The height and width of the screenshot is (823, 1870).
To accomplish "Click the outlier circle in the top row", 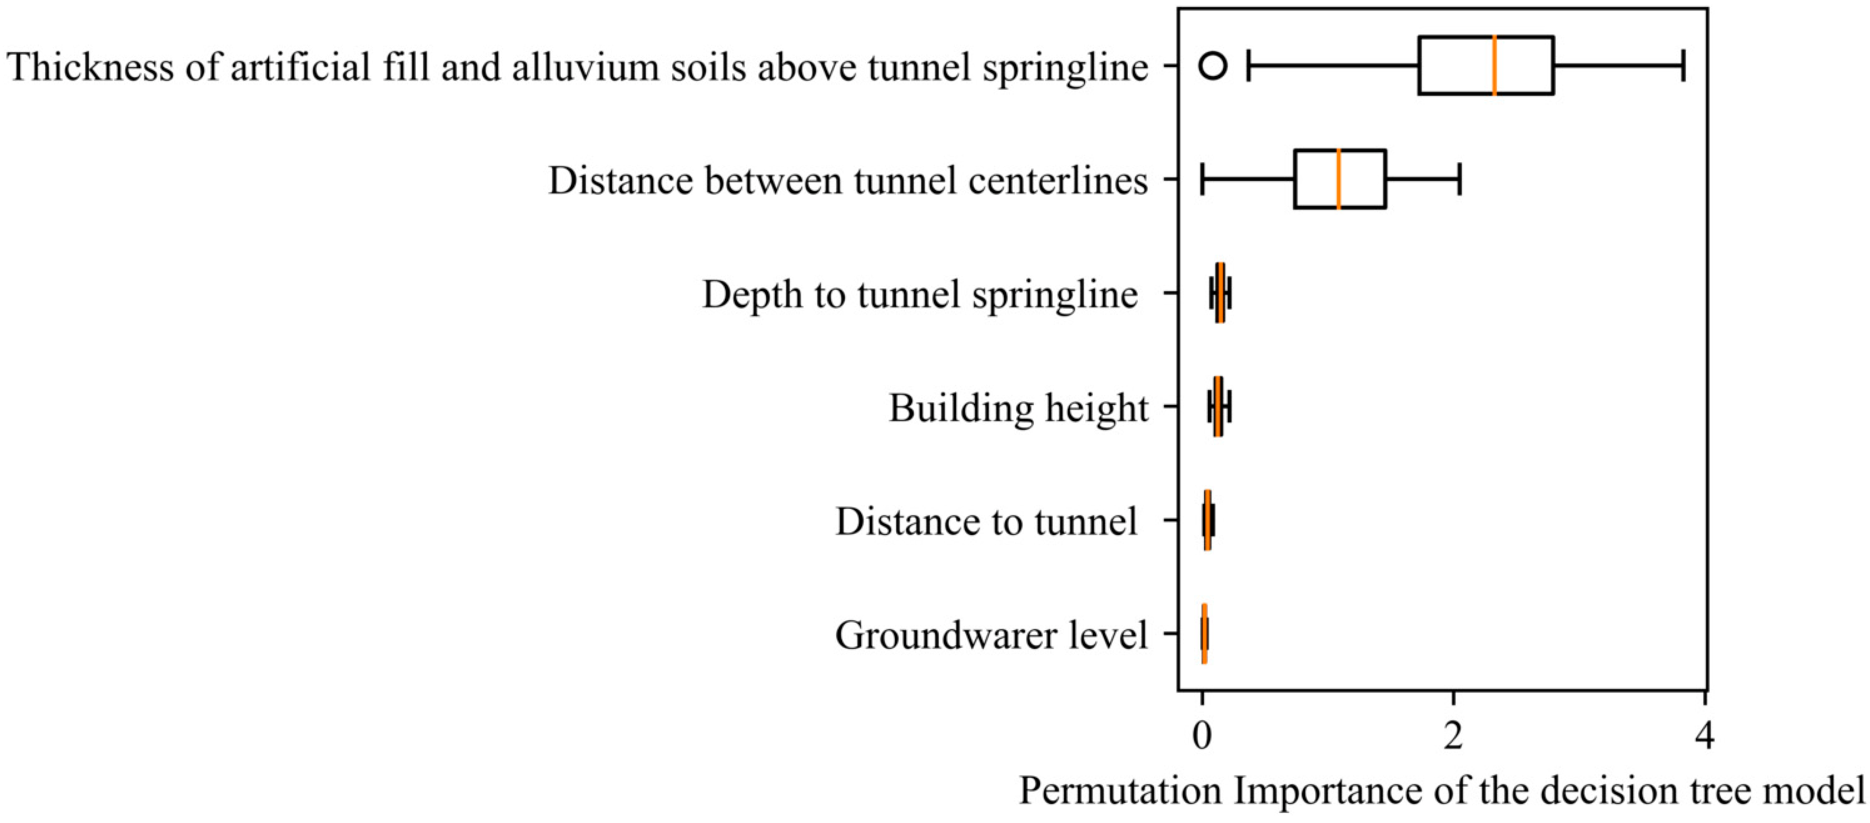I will (x=1213, y=66).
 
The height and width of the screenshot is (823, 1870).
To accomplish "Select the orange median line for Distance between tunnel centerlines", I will (x=1339, y=179).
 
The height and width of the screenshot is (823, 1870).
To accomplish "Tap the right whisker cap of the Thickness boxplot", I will (x=1683, y=65).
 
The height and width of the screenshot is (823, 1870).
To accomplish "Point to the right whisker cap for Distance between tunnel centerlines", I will (x=1459, y=179).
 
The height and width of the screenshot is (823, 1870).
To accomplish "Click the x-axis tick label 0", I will (x=1202, y=736).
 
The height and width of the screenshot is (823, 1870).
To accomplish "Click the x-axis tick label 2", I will (x=1453, y=736).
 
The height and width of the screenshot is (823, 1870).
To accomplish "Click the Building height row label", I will (x=1019, y=408).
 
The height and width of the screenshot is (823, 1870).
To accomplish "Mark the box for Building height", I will (x=1218, y=406).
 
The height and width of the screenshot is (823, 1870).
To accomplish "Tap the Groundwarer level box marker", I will (x=1204, y=634).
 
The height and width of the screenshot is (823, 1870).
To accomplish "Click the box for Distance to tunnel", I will (x=1207, y=520).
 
